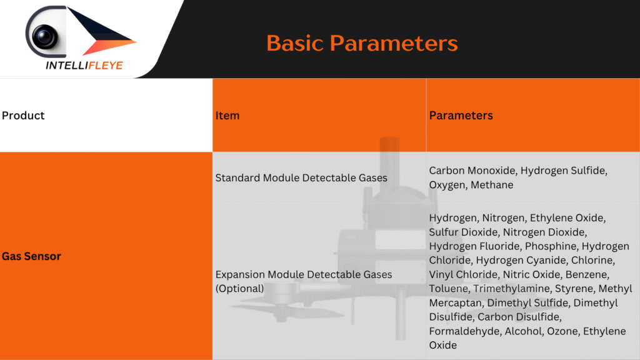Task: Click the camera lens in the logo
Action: (x=44, y=36)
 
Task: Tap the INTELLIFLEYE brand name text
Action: (x=84, y=66)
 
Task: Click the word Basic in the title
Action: (x=294, y=43)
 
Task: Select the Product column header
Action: (x=23, y=116)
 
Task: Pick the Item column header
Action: (x=227, y=116)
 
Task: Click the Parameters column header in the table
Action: (x=461, y=116)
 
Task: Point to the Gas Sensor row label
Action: (x=31, y=256)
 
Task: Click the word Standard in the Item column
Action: (x=237, y=178)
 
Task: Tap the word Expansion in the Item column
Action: (x=240, y=275)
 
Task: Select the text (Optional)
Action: (x=239, y=289)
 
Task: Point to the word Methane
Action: (x=492, y=185)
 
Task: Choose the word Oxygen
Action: (x=447, y=185)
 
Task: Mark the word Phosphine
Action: (x=551, y=246)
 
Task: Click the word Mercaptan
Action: (x=455, y=303)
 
